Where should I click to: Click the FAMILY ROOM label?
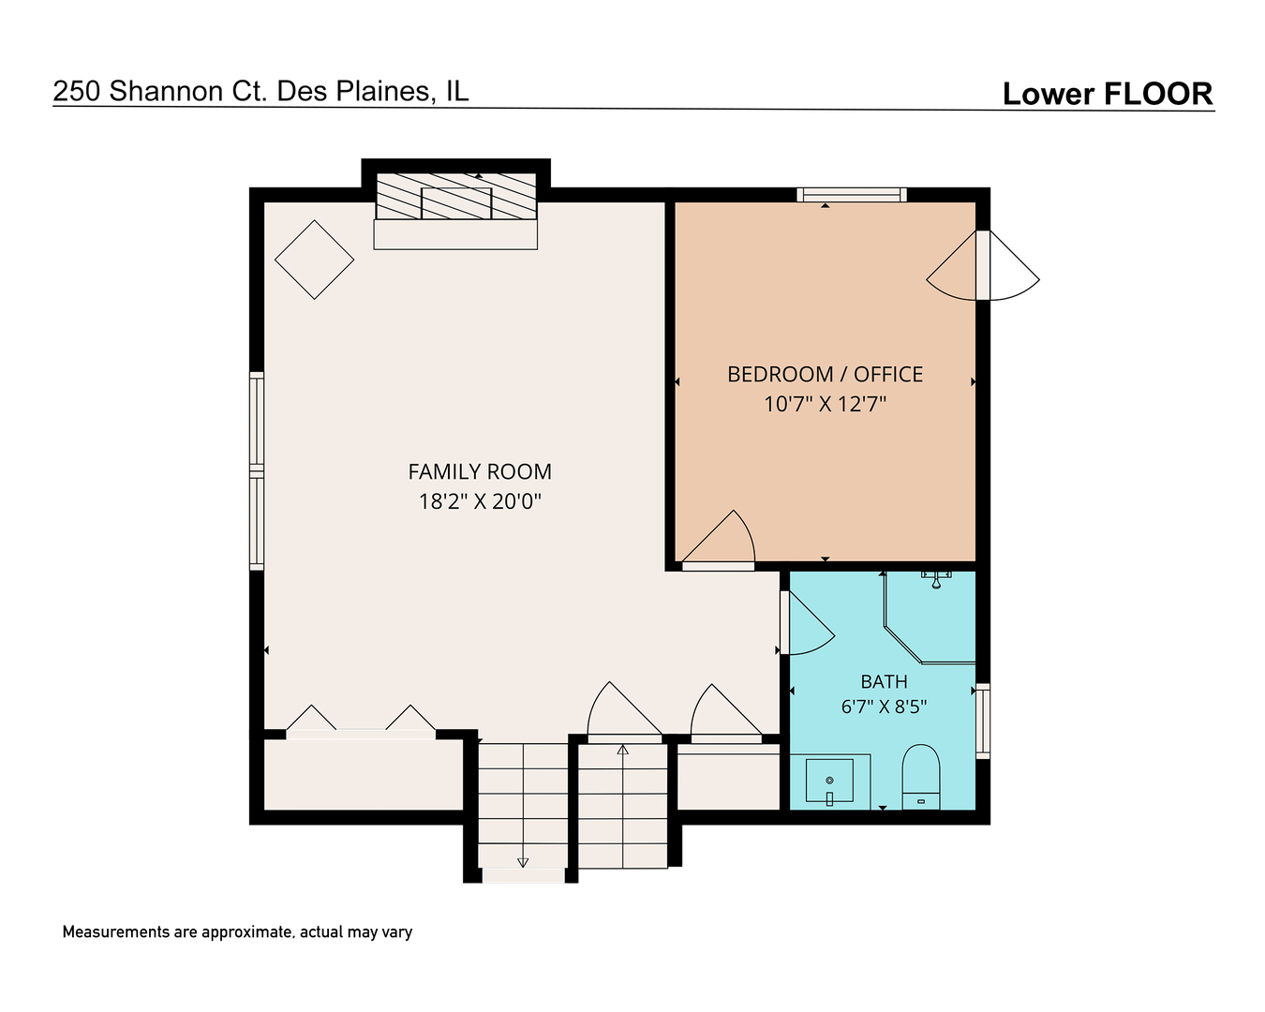coord(480,471)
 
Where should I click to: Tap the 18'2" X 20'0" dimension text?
coord(480,501)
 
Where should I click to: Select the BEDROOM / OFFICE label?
coord(825,375)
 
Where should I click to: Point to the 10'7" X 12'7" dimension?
coord(825,404)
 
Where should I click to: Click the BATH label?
coord(884,681)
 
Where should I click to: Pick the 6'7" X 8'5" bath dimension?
coord(884,707)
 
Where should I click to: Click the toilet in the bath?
coord(920,777)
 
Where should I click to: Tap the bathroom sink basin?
coord(829,781)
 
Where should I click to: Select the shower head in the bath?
coord(936,579)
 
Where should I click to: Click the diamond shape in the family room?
coord(315,260)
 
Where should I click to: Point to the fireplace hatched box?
coord(455,196)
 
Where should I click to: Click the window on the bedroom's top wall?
coord(852,195)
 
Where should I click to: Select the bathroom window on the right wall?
coord(983,721)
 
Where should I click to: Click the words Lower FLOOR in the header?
coord(1108,94)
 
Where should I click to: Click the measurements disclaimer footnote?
coord(237,932)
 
